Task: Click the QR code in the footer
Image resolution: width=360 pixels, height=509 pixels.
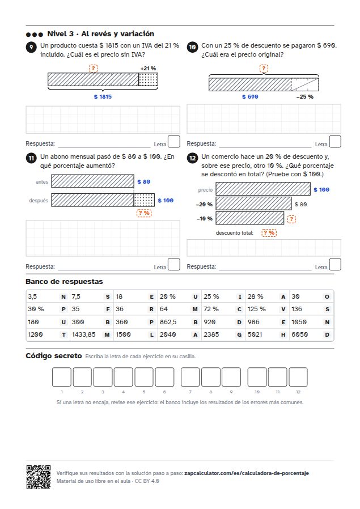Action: click(x=39, y=477)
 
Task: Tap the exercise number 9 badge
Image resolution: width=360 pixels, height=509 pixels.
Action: click(x=31, y=48)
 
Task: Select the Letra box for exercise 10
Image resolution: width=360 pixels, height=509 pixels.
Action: click(x=335, y=142)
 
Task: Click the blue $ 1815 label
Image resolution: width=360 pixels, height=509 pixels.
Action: click(x=103, y=97)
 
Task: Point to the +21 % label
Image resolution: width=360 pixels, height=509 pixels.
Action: click(x=148, y=69)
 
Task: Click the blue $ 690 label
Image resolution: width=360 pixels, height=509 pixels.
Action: click(x=250, y=97)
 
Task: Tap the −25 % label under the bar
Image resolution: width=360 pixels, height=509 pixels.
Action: click(x=305, y=97)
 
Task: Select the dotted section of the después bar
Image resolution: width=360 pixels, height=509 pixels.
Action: click(x=144, y=200)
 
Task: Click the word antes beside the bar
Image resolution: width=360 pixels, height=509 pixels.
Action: click(x=42, y=182)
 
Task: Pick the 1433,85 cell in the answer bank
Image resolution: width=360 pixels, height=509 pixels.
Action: click(x=91, y=334)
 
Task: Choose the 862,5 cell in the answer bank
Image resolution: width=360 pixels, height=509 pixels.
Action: click(x=179, y=322)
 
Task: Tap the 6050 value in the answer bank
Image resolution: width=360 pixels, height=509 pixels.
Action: click(x=299, y=334)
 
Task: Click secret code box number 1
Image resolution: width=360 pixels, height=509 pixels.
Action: click(x=62, y=377)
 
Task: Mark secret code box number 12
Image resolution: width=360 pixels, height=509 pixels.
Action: click(x=298, y=377)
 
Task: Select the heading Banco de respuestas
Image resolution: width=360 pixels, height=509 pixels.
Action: click(x=64, y=282)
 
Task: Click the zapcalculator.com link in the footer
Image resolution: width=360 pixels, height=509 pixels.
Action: click(x=247, y=473)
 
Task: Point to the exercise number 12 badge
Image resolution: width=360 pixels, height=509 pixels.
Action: click(x=192, y=158)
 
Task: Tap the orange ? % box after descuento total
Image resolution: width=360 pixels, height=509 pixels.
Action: click(x=269, y=233)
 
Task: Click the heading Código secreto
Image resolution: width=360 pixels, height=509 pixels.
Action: click(x=53, y=356)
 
